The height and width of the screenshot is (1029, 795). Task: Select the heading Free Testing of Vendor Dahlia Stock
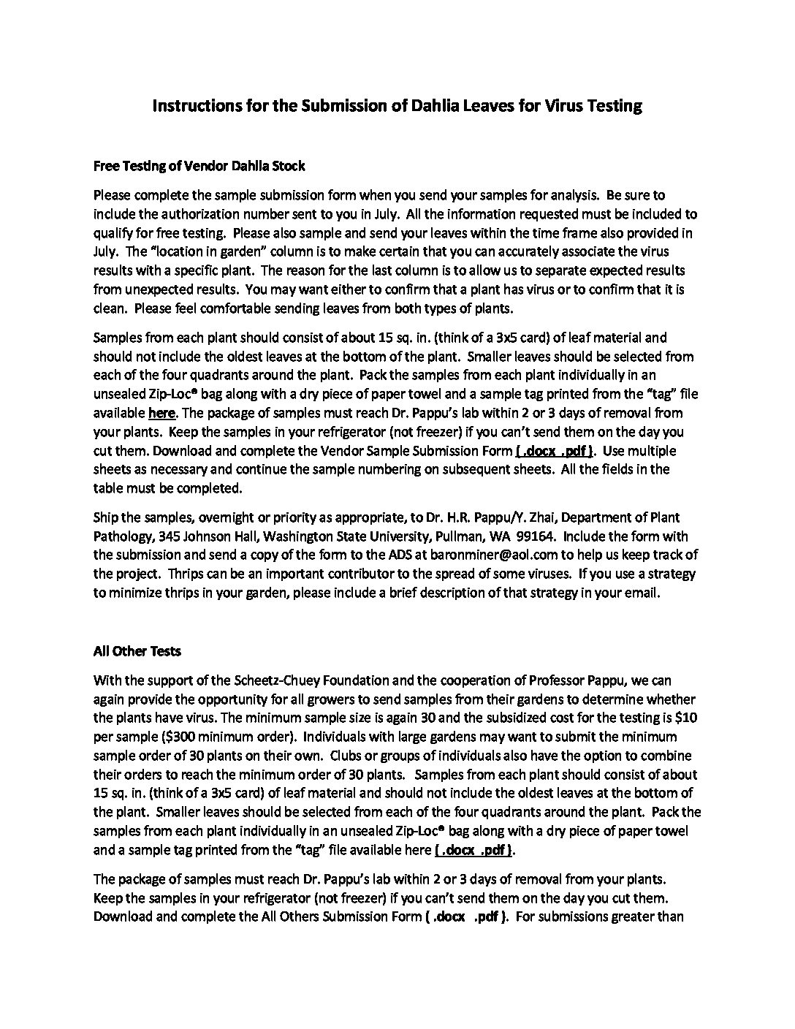[x=199, y=166]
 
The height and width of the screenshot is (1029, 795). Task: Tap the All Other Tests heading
[x=137, y=650]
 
